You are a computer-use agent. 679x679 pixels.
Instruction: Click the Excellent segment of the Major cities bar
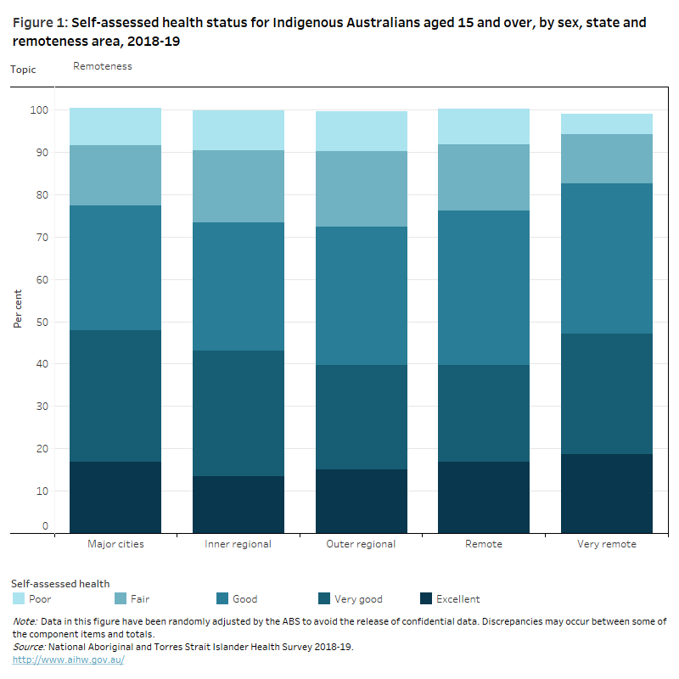click(115, 497)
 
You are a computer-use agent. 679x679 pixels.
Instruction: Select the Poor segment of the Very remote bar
click(607, 124)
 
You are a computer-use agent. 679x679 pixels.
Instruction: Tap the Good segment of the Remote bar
click(484, 288)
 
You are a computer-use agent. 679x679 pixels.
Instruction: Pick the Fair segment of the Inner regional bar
click(238, 187)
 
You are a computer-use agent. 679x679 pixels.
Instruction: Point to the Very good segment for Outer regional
click(362, 418)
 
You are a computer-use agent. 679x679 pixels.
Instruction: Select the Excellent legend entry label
click(457, 599)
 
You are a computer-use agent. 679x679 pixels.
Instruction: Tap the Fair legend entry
click(140, 599)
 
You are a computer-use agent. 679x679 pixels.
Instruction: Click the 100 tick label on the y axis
click(38, 110)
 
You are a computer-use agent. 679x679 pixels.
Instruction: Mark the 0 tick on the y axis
click(46, 526)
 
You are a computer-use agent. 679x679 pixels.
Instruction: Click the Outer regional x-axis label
click(362, 544)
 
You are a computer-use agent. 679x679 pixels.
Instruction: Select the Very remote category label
click(607, 544)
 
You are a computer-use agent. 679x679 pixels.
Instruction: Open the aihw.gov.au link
click(68, 659)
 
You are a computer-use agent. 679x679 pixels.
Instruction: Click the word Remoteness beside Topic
click(103, 66)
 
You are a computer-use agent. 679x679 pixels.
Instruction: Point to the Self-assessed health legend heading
click(60, 583)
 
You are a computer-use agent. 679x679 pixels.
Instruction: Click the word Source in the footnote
click(31, 647)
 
